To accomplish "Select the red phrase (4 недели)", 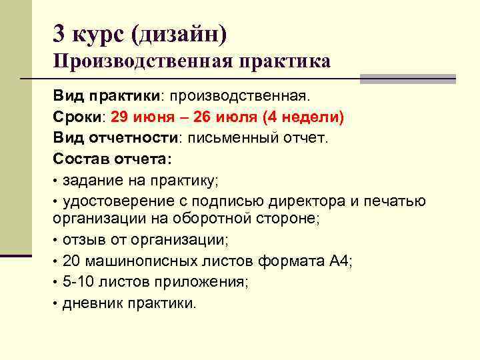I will [x=303, y=117].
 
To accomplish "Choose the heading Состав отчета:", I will [x=113, y=159].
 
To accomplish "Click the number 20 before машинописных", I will [x=71, y=260].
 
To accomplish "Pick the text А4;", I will [x=341, y=260].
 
